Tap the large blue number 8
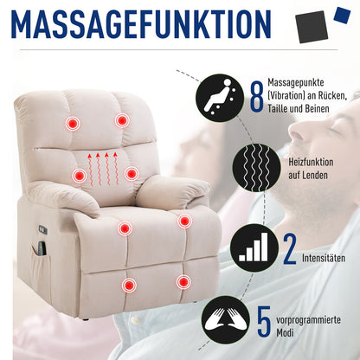[257, 97]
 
